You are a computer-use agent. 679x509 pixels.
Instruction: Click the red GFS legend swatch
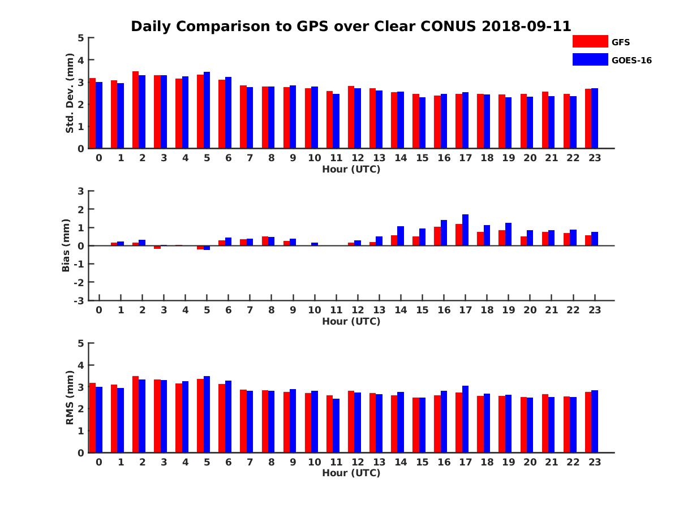coord(590,41)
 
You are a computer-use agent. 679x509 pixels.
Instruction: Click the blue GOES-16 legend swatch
coord(590,59)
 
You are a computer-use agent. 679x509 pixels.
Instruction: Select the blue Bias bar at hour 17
coord(465,230)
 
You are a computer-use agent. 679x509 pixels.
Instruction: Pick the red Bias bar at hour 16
coord(437,236)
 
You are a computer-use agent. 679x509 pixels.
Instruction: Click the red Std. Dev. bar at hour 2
coord(135,110)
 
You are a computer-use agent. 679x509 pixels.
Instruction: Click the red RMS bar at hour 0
coord(92,418)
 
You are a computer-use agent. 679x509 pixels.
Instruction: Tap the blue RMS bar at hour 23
coord(595,421)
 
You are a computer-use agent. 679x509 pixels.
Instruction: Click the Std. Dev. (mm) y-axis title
coord(70,93)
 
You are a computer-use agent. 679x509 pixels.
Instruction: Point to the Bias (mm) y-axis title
coord(66,245)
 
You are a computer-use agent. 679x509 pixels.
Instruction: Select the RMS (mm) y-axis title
coord(70,398)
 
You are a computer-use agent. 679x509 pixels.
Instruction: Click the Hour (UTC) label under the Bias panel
coord(351,321)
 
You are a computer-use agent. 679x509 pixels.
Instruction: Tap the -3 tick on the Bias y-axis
coord(79,301)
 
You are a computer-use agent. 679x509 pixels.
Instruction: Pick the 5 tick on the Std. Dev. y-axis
coord(81,38)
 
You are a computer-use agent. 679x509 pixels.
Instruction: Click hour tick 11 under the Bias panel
coord(336,310)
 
